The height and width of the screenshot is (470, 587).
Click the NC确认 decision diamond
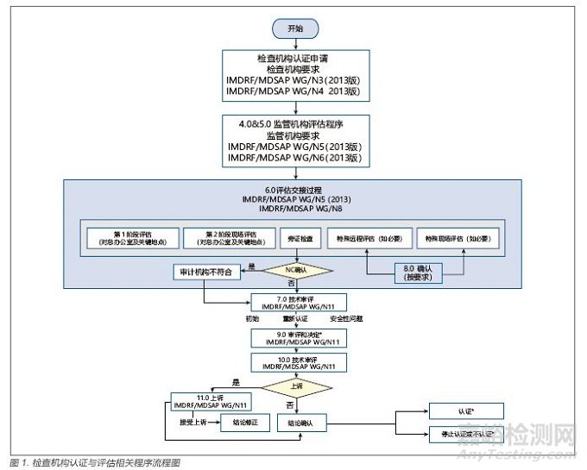pyautogui.click(x=296, y=271)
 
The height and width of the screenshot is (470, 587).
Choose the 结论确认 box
pyautogui.click(x=301, y=423)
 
